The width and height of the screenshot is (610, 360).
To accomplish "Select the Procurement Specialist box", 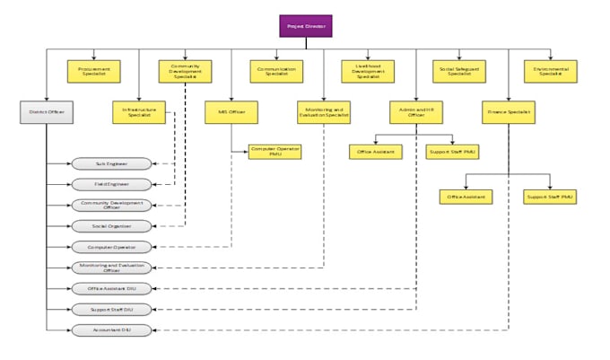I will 94,71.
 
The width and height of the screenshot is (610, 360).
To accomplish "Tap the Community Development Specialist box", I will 185,71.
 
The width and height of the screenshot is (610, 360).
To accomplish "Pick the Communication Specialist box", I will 276,71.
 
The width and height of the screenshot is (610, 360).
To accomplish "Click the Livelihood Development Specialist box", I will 368,71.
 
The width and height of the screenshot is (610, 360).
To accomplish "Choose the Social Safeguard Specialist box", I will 459,71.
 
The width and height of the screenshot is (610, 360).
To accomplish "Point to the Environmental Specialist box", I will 550,71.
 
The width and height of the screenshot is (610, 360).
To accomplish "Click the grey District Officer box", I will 47,113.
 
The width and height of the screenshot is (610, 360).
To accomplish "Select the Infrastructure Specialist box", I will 139,113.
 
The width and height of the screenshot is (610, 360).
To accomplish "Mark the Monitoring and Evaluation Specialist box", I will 323,113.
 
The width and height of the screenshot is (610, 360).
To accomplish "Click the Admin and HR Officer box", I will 414,113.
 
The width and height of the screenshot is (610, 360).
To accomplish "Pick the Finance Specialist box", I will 508,113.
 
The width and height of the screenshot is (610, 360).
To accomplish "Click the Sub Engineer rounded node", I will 112,163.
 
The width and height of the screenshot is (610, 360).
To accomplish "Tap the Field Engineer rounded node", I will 112,184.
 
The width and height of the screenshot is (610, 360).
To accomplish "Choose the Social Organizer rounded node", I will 112,225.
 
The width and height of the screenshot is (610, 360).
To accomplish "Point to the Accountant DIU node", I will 112,329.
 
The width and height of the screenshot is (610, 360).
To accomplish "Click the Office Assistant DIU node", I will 112,288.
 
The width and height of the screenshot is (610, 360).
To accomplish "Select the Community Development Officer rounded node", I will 112,205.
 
